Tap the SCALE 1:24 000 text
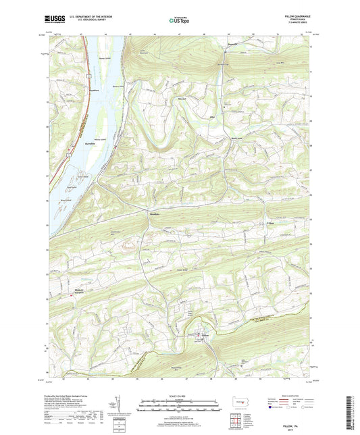point(180,395)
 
